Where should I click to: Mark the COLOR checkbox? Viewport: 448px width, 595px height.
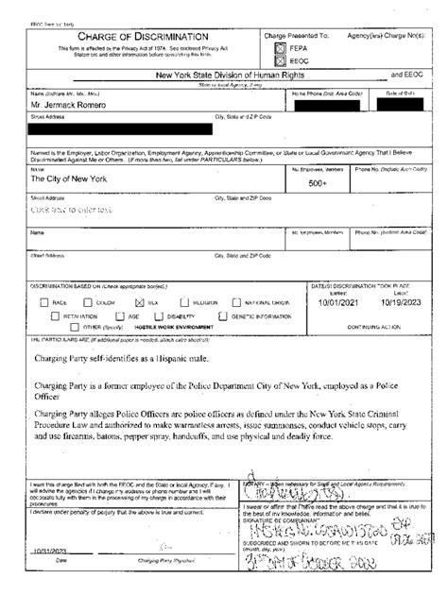(x=86, y=302)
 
